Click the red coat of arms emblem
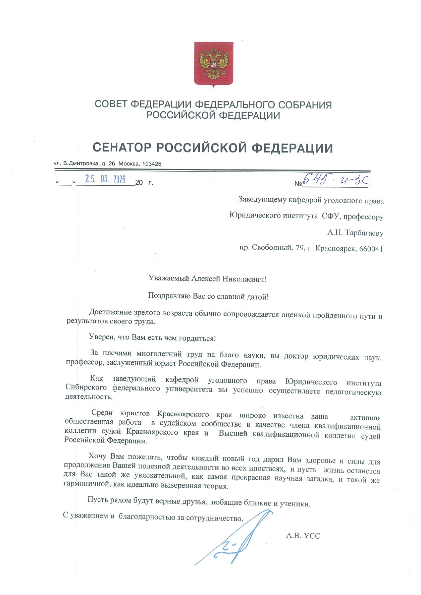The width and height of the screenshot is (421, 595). (x=213, y=64)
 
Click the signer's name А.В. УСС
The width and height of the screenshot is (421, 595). (x=303, y=536)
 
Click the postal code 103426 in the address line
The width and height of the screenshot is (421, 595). (x=152, y=164)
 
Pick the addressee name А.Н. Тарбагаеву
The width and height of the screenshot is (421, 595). (x=355, y=233)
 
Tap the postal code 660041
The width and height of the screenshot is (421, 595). (x=371, y=249)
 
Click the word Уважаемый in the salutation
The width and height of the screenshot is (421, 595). (x=169, y=279)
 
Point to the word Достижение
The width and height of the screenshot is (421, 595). (x=110, y=312)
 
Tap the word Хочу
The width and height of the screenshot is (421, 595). (x=98, y=456)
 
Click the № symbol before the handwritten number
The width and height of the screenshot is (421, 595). (x=298, y=183)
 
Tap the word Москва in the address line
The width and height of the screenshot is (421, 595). (x=129, y=164)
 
